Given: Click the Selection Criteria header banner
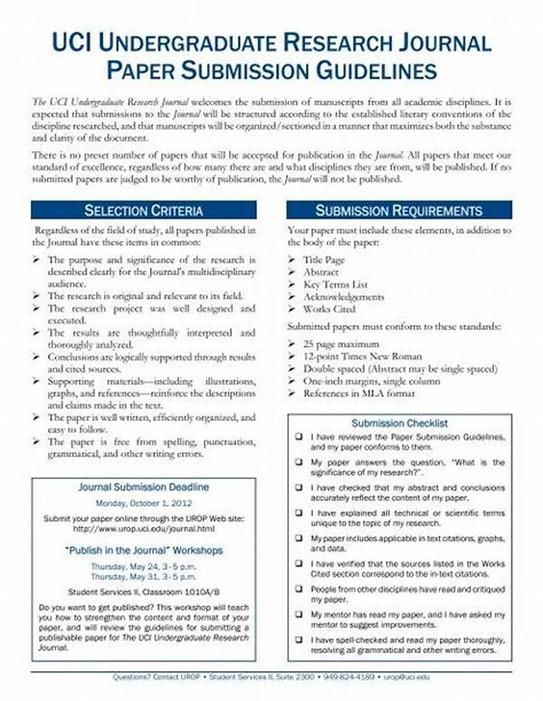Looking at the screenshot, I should pyautogui.click(x=144, y=211).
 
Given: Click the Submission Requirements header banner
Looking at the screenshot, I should pyautogui.click(x=398, y=211).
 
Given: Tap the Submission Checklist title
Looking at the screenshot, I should pyautogui.click(x=399, y=423).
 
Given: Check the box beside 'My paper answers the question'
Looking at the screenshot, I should pyautogui.click(x=299, y=463).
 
